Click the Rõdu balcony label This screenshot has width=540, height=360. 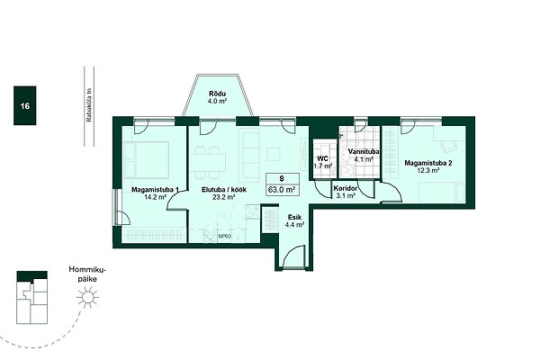[x=217, y=94]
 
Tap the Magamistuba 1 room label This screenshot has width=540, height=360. [x=155, y=190]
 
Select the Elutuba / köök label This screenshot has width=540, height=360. [x=224, y=190]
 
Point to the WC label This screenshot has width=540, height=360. [x=323, y=158]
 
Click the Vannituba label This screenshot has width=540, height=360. [x=364, y=151]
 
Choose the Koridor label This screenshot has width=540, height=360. [x=345, y=189]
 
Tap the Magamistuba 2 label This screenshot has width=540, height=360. [x=428, y=163]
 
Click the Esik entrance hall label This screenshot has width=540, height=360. [x=295, y=218]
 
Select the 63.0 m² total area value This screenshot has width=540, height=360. [x=283, y=189]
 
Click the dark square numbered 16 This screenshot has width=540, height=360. [x=25, y=105]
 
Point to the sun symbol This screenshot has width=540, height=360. [x=87, y=297]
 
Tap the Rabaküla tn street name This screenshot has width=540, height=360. [x=89, y=106]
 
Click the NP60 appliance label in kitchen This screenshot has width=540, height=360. [x=224, y=237]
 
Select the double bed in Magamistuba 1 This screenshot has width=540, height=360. [x=147, y=159]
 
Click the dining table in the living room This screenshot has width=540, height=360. [x=208, y=163]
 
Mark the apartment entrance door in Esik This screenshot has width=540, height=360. [x=293, y=256]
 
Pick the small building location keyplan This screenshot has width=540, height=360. [x=32, y=297]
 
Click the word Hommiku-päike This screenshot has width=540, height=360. [x=87, y=274]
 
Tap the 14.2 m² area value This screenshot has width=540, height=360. [x=156, y=197]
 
